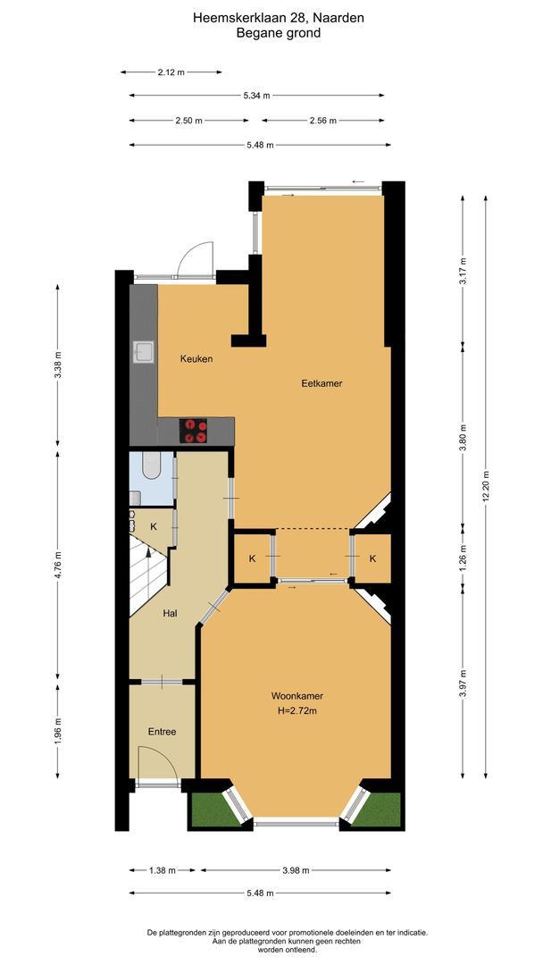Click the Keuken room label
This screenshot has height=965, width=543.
pos(196,358)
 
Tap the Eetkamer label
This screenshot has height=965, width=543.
pos(322,383)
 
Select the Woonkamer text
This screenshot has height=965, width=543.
pos(297,696)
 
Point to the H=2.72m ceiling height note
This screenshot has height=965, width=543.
pos(297,711)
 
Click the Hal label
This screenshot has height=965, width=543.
pos(170,614)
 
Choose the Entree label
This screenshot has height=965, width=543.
pos(162,732)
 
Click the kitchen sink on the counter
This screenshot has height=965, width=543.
pos(143,352)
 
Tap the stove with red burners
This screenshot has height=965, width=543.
pos(194,431)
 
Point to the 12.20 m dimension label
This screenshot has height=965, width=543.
pos(487,487)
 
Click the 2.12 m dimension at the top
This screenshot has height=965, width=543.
pos(171,71)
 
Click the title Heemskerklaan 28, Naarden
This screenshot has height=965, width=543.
pos(278,16)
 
